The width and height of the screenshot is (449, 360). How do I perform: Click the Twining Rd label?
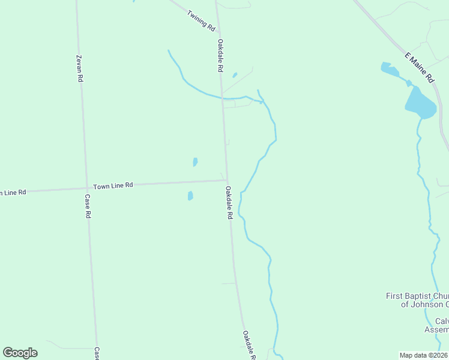pyautogui.click(x=201, y=20)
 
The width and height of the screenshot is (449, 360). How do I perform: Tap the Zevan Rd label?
pyautogui.click(x=79, y=68)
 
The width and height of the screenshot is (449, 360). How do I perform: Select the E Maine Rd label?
pyautogui.click(x=419, y=67)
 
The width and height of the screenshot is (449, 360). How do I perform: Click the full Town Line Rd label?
pyautogui.click(x=112, y=186)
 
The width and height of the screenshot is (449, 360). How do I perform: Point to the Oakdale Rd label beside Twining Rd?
pyautogui.click(x=221, y=56)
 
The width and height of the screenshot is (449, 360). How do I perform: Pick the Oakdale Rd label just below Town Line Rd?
pyautogui.click(x=229, y=202)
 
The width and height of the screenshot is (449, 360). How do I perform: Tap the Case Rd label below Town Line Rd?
pyautogui.click(x=88, y=206)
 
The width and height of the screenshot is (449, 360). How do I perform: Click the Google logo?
pyautogui.click(x=20, y=352)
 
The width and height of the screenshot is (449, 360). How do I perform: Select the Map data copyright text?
pyautogui.click(x=423, y=355)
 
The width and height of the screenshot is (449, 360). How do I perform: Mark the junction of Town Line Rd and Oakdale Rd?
pyautogui.click(x=226, y=179)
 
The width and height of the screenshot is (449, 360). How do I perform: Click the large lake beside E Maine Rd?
pyautogui.click(x=420, y=103)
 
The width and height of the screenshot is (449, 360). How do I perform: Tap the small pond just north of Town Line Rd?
pyautogui.click(x=195, y=162)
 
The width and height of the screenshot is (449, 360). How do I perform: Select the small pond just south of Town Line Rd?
pyautogui.click(x=190, y=196)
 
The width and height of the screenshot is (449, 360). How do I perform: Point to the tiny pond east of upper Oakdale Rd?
pyautogui.click(x=235, y=75)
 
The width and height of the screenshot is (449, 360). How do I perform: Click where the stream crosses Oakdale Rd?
pyautogui.click(x=223, y=97)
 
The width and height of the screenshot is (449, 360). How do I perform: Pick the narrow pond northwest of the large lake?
pyautogui.click(x=390, y=70)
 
